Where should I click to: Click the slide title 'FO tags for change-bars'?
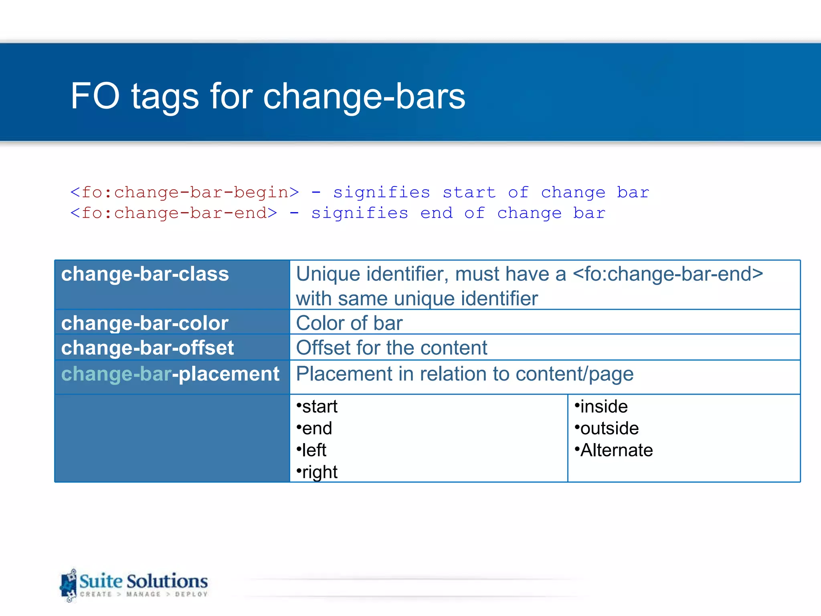click(268, 96)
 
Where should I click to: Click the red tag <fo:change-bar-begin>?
click(184, 192)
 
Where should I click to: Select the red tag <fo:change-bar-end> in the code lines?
click(174, 213)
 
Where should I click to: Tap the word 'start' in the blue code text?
click(469, 192)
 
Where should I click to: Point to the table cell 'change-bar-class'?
click(145, 274)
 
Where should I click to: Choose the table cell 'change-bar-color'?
click(145, 323)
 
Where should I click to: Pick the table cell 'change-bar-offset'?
click(147, 348)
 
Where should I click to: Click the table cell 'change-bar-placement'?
click(170, 374)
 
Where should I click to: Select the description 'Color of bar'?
click(349, 323)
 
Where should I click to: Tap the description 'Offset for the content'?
click(391, 348)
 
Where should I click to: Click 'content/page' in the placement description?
click(574, 374)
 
